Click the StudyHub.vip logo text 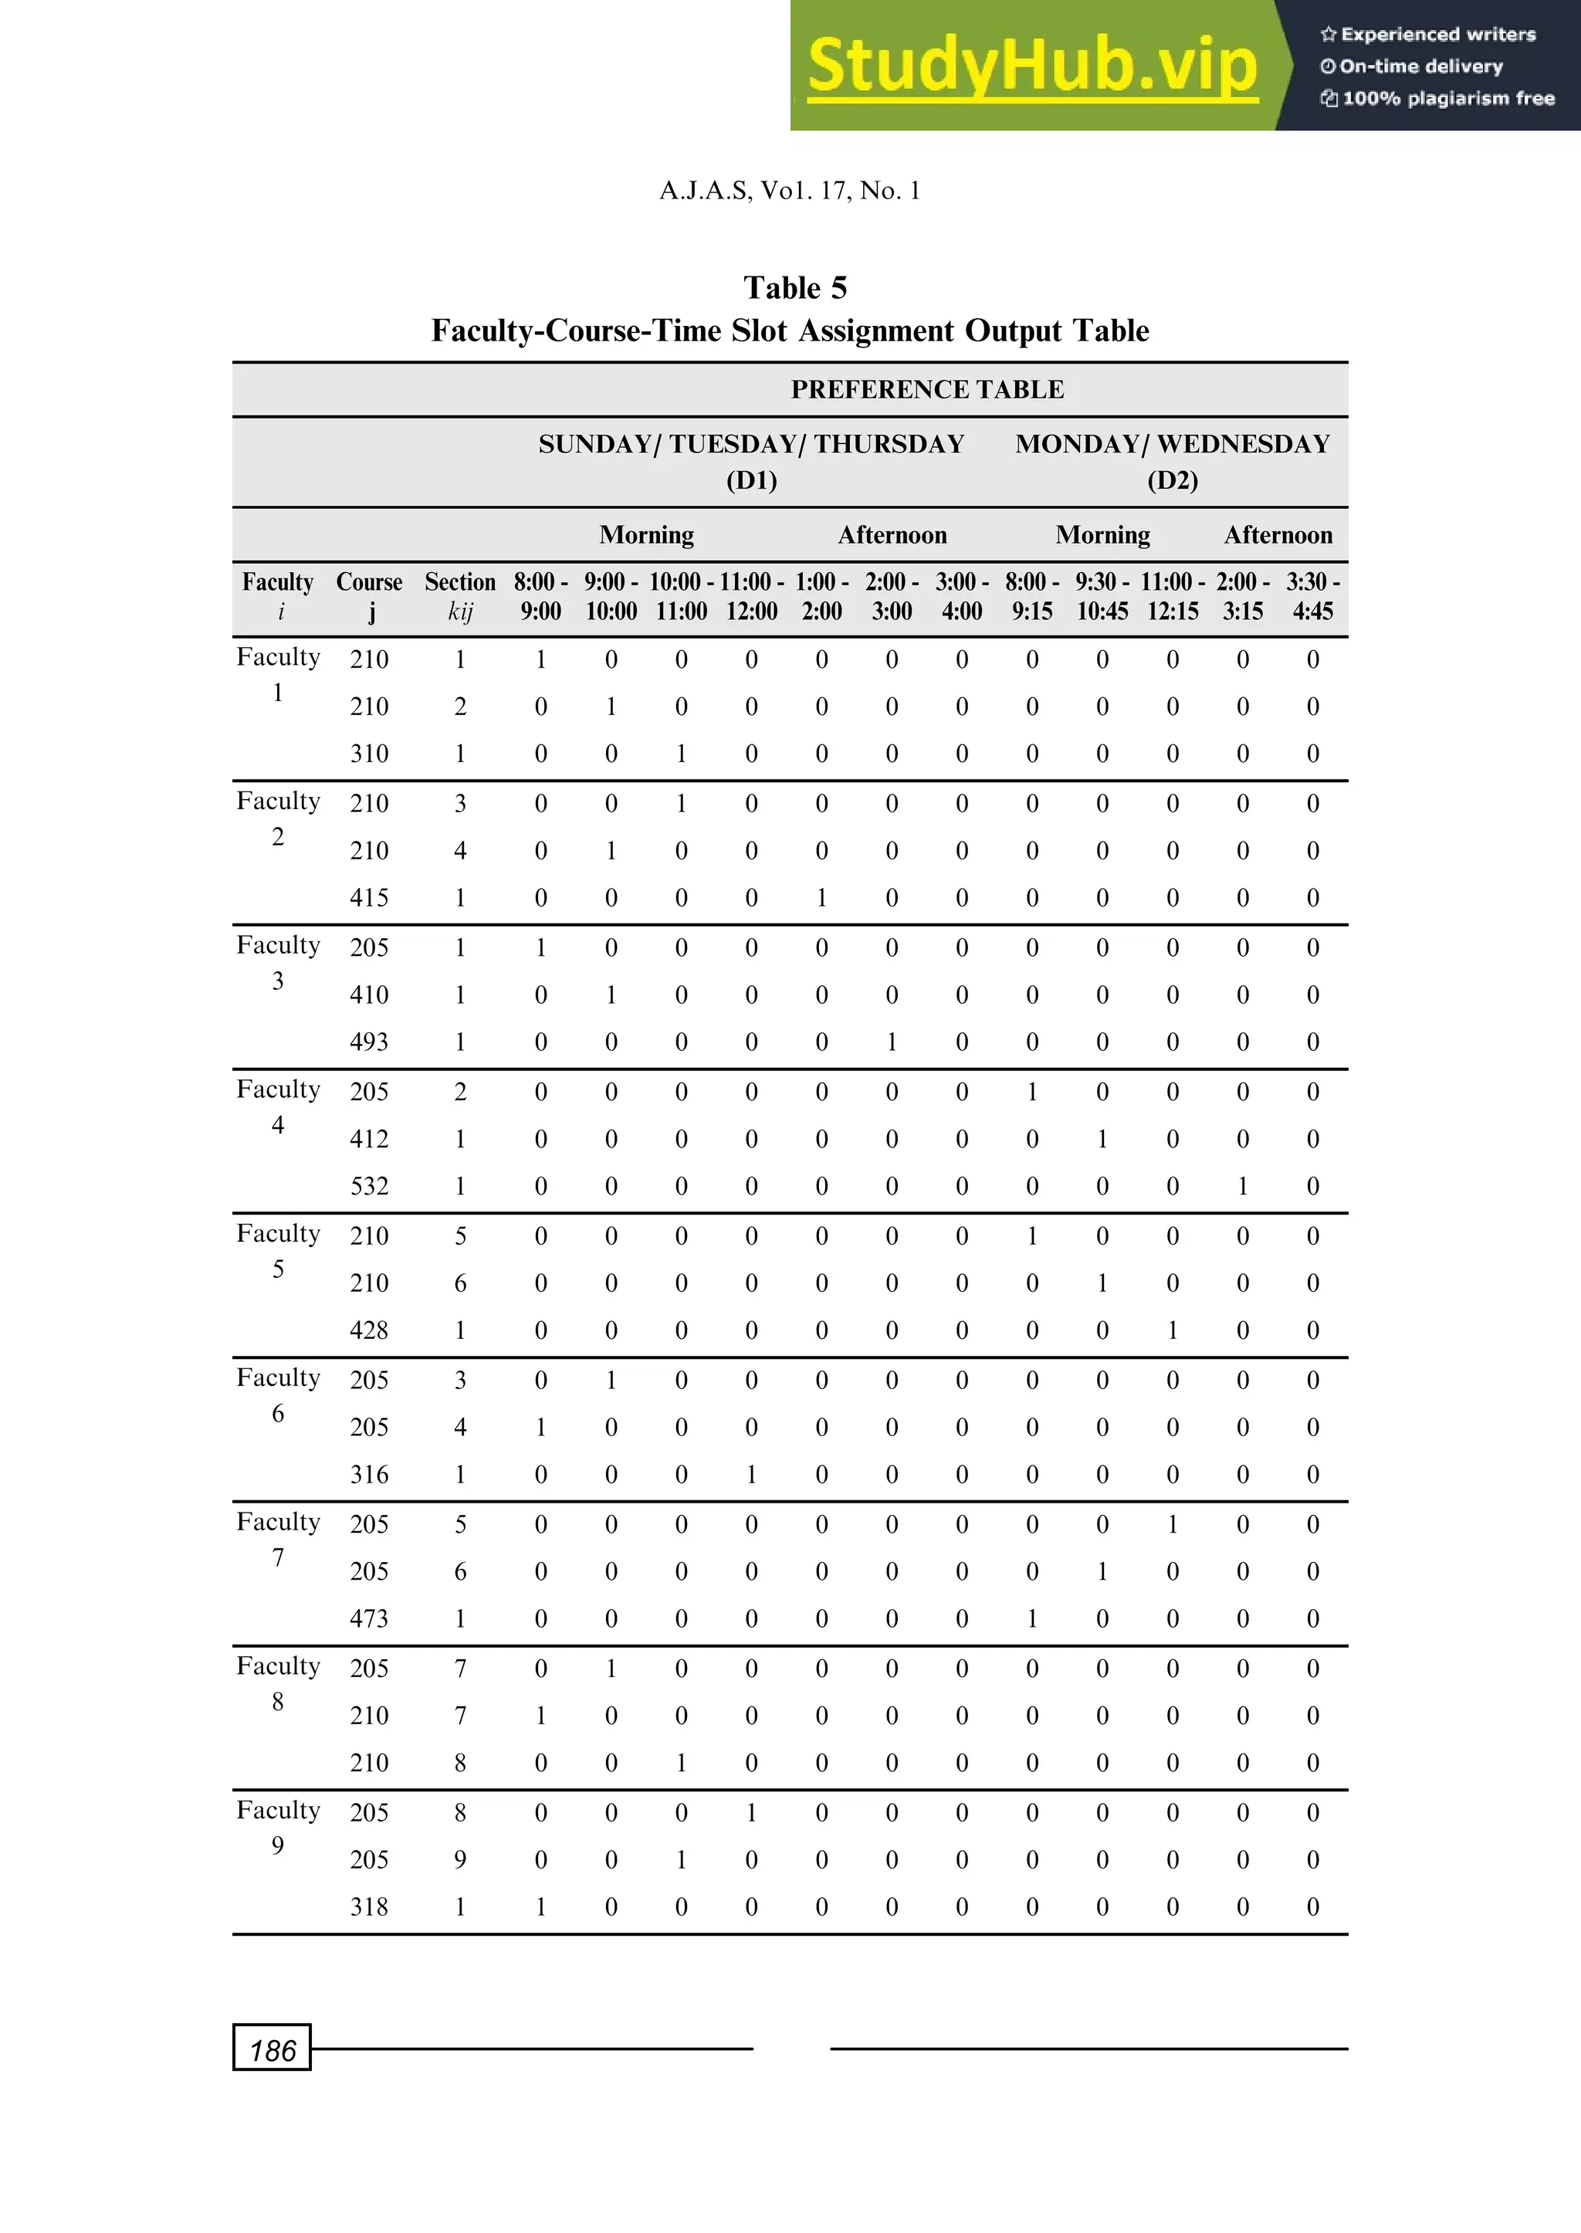[1032, 66]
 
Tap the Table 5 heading [794, 288]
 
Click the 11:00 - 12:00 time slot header [752, 596]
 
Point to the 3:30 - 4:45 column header [1312, 596]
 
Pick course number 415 [369, 898]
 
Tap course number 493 [369, 1042]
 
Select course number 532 [369, 1186]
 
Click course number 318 [369, 1906]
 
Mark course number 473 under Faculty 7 [369, 1618]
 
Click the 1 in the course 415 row [821, 898]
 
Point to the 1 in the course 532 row [1242, 1186]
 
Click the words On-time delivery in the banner [1420, 66]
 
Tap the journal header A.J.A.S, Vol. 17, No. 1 [790, 191]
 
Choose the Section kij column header [459, 596]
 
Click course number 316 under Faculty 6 [369, 1475]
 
